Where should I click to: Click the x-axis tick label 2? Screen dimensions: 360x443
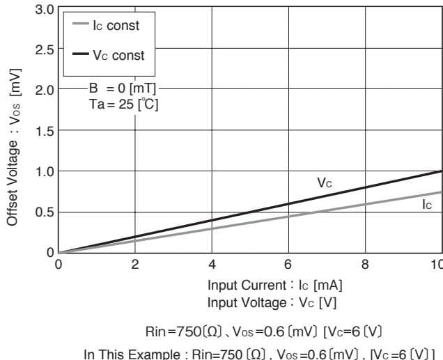coord(135,265)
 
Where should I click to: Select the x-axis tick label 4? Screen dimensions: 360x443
coord(212,265)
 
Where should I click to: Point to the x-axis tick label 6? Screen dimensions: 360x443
coord(288,265)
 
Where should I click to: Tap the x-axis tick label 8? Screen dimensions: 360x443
coord(365,265)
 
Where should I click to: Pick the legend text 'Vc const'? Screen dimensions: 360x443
coord(118,55)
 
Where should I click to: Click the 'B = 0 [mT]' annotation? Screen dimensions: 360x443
coord(122,89)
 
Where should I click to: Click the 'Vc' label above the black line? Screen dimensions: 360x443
coord(324,182)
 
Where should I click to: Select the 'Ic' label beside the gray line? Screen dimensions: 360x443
coord(426,205)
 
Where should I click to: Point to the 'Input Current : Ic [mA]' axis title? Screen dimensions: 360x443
coord(274,285)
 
